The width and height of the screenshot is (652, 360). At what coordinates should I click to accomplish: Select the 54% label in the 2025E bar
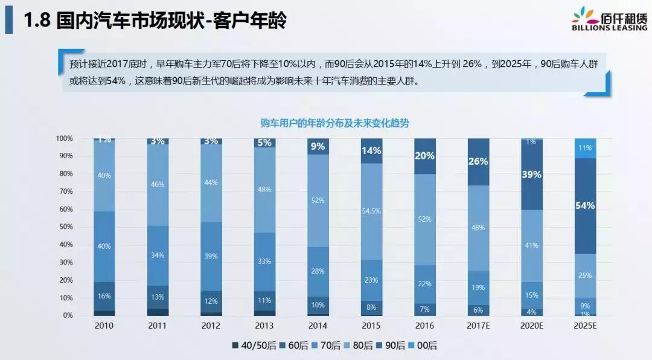[x=585, y=205]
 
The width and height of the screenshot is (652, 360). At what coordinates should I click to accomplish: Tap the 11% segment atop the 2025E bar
[x=585, y=147]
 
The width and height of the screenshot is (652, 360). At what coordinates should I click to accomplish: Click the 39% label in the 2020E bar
[x=531, y=174]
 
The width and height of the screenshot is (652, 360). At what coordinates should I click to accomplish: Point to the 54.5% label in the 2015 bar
[x=371, y=211]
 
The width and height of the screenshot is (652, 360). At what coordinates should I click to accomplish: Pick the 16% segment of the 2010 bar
[x=104, y=296]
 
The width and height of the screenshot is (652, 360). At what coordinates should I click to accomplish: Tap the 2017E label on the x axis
[x=478, y=326]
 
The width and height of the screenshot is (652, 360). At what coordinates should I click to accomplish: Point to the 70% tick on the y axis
[x=65, y=191]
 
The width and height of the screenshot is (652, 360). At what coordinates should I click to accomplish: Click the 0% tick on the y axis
[x=68, y=315]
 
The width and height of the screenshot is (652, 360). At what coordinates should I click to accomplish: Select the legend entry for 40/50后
[x=252, y=346]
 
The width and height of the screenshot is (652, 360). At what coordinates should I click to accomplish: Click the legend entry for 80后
[x=361, y=346]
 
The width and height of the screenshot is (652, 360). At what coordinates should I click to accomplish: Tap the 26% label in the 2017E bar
[x=478, y=161]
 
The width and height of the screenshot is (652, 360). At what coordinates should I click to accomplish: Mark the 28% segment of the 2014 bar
[x=318, y=271]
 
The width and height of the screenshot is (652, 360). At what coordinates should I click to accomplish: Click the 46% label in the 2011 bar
[x=158, y=184]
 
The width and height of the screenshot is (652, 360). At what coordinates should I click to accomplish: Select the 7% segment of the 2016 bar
[x=424, y=309]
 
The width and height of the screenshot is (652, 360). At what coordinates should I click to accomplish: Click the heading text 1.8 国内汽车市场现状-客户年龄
[x=155, y=21]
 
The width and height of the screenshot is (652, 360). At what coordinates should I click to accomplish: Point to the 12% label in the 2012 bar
[x=211, y=301]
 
